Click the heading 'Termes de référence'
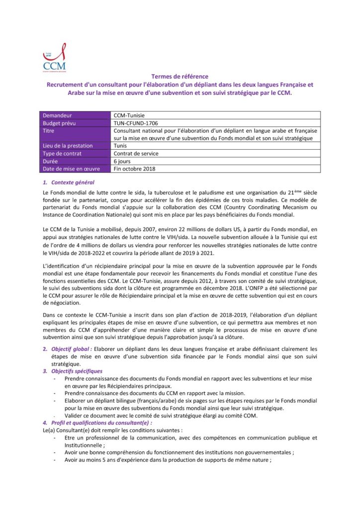tap(180, 77)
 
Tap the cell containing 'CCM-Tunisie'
tap(129, 115)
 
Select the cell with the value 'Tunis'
tap(120, 146)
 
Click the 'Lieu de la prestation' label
tap(68, 146)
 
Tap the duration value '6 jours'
tap(122, 161)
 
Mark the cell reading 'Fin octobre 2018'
tap(134, 169)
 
